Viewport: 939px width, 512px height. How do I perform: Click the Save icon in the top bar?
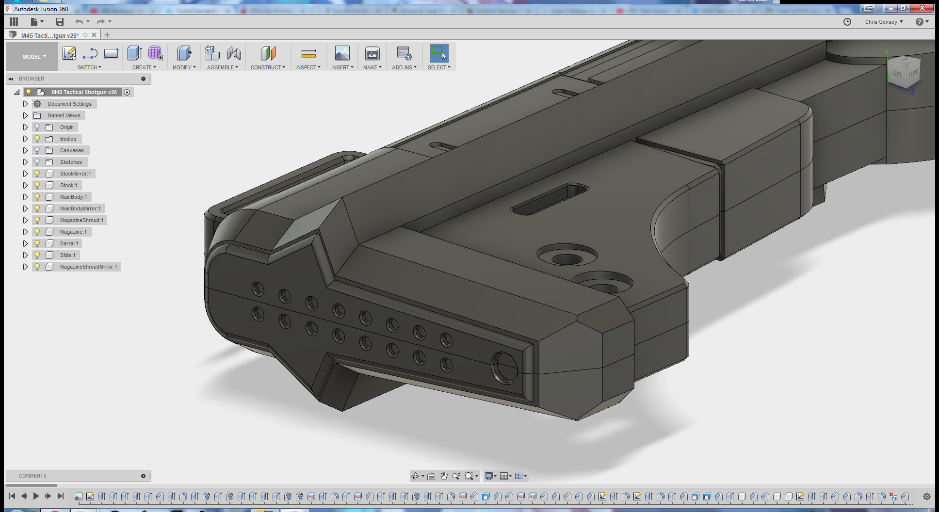[60, 21]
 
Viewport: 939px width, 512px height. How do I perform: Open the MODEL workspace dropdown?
[33, 57]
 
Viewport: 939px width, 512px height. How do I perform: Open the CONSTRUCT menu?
[267, 67]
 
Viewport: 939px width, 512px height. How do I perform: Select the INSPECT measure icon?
[308, 54]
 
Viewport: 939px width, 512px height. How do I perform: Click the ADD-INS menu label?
[404, 67]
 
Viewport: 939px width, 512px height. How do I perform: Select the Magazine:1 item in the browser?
[73, 232]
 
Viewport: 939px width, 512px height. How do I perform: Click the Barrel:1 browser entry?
[69, 243]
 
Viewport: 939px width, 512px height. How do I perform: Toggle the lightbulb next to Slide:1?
[37, 255]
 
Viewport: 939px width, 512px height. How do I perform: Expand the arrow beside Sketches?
[25, 162]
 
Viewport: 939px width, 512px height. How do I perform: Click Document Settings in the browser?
[69, 104]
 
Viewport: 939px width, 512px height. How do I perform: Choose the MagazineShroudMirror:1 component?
[88, 267]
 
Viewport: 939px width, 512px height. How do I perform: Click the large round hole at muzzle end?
[504, 368]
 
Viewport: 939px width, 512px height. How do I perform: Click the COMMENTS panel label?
[32, 476]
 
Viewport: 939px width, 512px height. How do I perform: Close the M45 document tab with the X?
[94, 35]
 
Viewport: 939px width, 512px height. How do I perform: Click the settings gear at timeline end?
[926, 496]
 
